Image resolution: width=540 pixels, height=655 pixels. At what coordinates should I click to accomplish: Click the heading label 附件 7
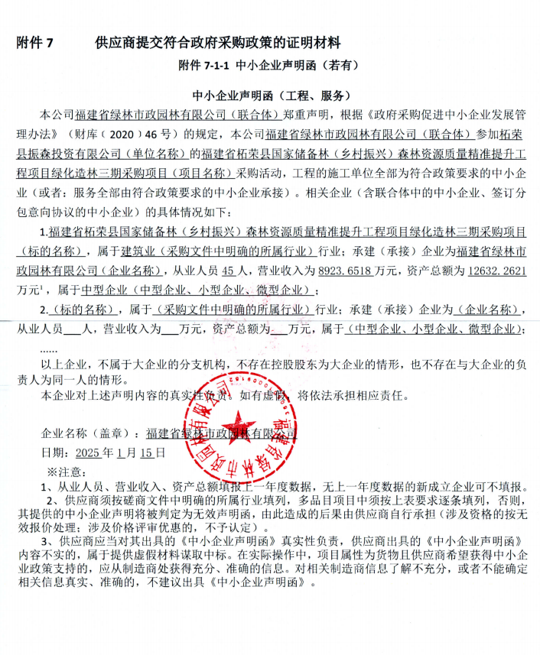[34, 42]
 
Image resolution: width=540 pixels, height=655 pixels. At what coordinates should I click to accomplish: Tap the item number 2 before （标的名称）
[44, 310]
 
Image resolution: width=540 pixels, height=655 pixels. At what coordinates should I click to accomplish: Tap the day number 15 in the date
[154, 452]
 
